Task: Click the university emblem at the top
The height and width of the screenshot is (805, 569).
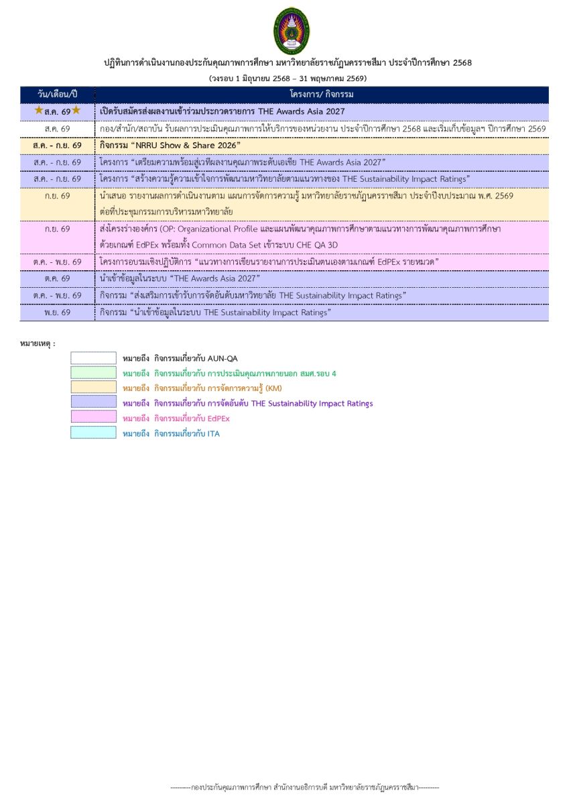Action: pos(292,32)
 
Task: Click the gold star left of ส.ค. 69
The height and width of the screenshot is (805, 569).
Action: pos(39,110)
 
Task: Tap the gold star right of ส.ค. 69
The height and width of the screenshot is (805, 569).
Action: pos(76,110)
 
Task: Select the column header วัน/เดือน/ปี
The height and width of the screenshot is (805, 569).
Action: pos(58,95)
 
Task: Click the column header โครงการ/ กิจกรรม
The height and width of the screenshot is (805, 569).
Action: pos(322,95)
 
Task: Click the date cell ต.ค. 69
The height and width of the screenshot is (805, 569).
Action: pos(58,278)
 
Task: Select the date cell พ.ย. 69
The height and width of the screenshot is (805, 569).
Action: pos(58,312)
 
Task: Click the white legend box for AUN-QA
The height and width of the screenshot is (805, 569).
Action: pos(93,358)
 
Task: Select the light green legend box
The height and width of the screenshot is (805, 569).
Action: pos(93,373)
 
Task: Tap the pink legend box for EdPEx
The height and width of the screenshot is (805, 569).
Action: pos(93,418)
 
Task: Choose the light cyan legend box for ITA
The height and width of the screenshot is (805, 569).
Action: pos(93,433)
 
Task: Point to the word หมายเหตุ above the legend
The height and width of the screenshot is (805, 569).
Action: pos(37,343)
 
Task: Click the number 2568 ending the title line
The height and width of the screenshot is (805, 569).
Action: pos(462,63)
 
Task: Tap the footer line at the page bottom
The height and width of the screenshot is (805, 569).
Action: pos(304,787)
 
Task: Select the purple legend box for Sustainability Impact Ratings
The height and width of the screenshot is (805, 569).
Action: pos(93,402)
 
